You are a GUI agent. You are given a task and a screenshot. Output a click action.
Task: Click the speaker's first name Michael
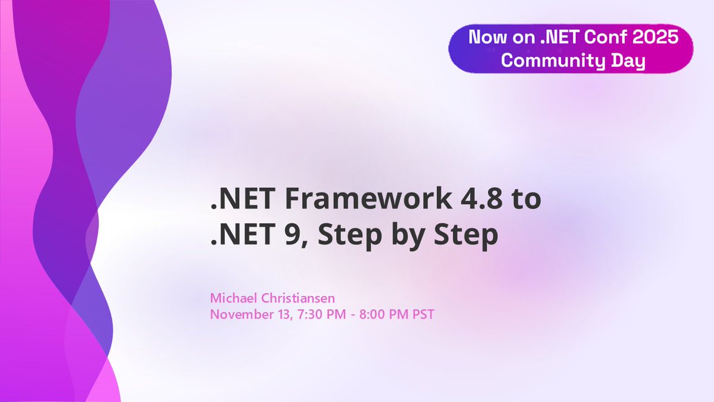click(x=231, y=297)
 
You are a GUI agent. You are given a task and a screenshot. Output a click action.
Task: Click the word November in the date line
click(x=236, y=314)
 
